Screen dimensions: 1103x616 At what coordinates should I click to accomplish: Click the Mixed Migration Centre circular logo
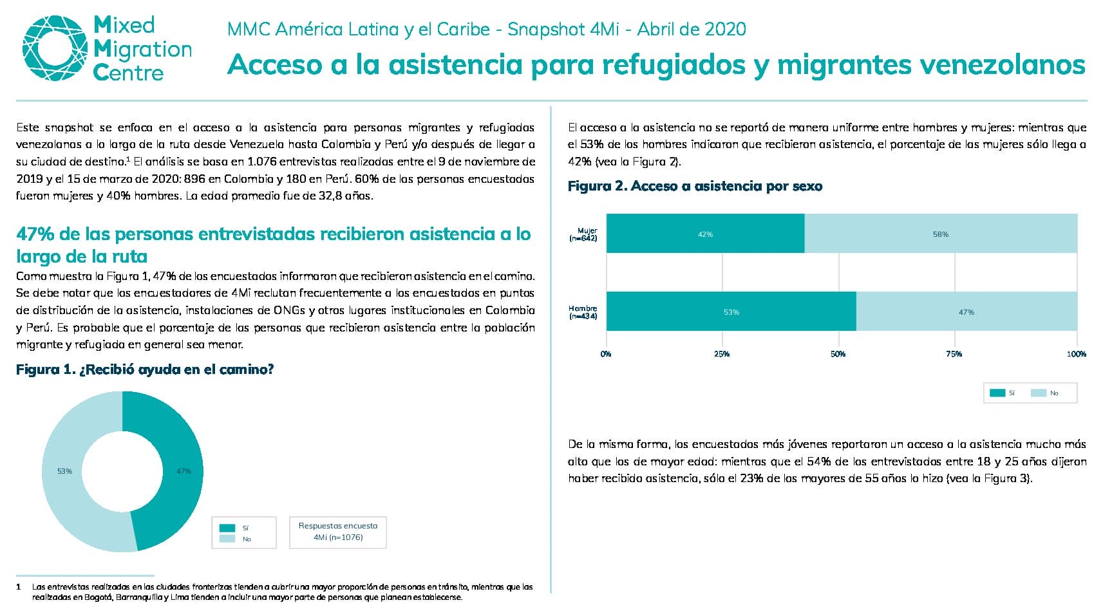[x=55, y=48]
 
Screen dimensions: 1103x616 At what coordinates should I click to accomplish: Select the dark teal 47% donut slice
[x=183, y=471]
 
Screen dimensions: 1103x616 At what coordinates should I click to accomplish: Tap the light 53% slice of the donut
[x=64, y=471]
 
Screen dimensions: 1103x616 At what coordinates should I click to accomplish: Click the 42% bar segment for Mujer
[x=705, y=234]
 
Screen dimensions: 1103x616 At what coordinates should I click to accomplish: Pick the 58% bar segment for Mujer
[x=941, y=234]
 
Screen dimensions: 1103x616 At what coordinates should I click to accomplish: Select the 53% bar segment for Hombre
[x=731, y=311]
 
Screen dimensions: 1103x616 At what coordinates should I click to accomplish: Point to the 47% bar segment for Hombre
[x=966, y=311]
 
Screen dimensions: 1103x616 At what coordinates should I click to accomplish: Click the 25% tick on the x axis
[x=722, y=353]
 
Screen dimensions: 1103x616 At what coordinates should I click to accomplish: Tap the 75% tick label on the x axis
[x=954, y=353]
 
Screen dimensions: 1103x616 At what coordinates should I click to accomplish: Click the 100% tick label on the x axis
[x=1077, y=353]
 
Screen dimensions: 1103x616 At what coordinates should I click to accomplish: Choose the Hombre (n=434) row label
[x=583, y=312]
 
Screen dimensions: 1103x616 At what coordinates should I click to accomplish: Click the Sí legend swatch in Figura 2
[x=997, y=393]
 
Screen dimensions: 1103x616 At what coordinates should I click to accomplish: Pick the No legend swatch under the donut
[x=227, y=539]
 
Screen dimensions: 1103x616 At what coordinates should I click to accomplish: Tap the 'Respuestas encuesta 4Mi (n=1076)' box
[x=338, y=532]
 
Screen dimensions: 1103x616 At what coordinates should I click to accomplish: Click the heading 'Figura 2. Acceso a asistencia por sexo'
[x=695, y=186]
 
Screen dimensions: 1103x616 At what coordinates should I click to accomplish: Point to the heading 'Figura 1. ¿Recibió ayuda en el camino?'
[x=145, y=369]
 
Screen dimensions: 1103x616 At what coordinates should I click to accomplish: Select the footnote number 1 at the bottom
[x=19, y=587]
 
